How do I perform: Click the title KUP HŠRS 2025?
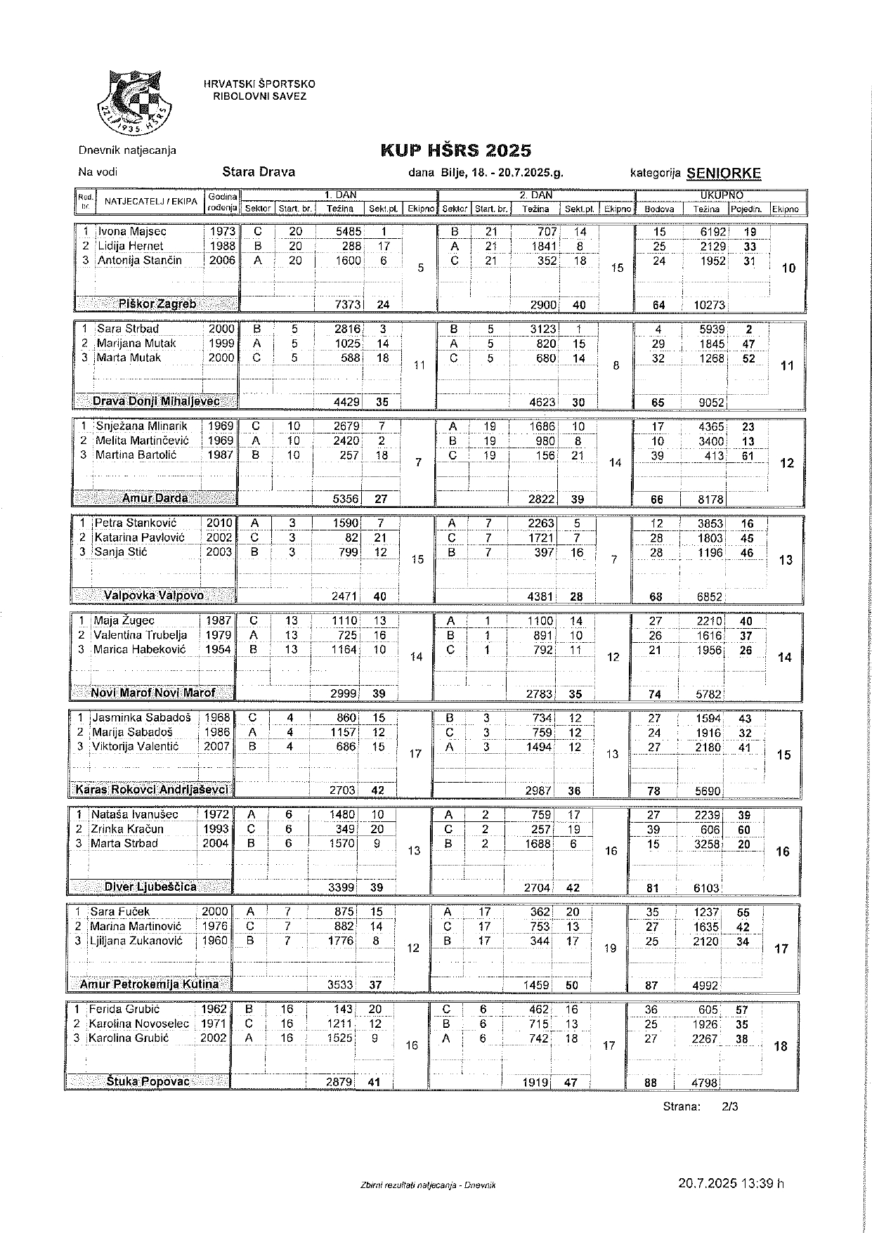tap(455, 150)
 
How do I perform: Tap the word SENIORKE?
tap(724, 174)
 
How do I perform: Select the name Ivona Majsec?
tap(131, 231)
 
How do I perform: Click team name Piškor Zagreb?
tap(157, 304)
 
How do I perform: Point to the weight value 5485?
tap(349, 231)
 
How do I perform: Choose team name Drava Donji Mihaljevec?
tap(156, 402)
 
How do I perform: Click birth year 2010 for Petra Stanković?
tap(219, 523)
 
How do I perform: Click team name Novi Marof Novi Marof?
tap(152, 693)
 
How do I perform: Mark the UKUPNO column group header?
tap(721, 195)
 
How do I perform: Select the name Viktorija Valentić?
tap(136, 746)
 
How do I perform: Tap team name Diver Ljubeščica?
tap(150, 887)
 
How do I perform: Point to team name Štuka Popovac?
tap(148, 1081)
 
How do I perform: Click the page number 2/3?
tap(729, 1107)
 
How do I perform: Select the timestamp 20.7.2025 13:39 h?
tap(730, 1183)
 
